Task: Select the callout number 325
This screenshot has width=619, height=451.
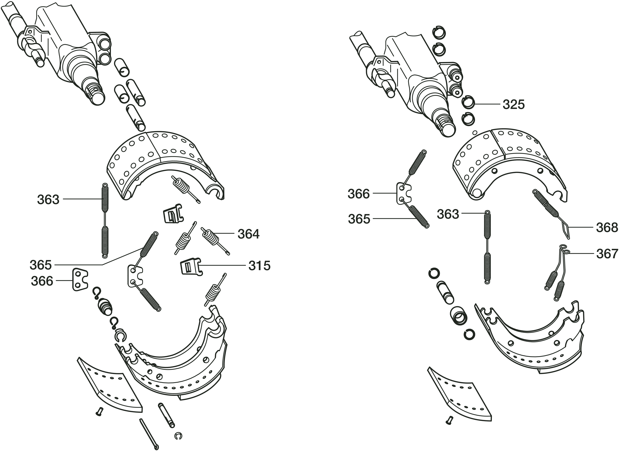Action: [x=514, y=105]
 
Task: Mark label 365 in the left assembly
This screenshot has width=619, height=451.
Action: [x=41, y=265]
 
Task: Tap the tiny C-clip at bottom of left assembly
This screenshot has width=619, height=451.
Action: [x=178, y=437]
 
